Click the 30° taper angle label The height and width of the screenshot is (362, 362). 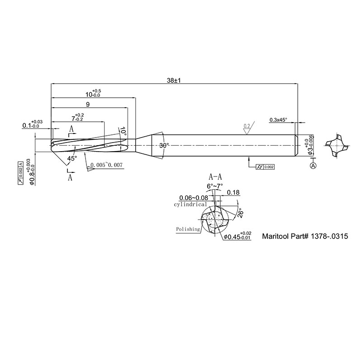pyautogui.click(x=163, y=146)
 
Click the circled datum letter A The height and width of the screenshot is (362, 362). pyautogui.click(x=313, y=167)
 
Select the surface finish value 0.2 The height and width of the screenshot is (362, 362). pyautogui.click(x=247, y=125)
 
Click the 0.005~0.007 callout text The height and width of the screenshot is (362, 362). pyautogui.click(x=106, y=166)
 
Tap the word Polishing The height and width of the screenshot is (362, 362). pyautogui.click(x=188, y=229)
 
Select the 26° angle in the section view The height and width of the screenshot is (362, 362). pyautogui.click(x=240, y=213)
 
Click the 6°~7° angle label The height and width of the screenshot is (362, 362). pyautogui.click(x=215, y=186)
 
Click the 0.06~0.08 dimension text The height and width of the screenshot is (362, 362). pyautogui.click(x=194, y=198)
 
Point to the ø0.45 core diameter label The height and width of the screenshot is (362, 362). pyautogui.click(x=236, y=236)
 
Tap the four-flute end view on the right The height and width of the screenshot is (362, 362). pyautogui.click(x=337, y=145)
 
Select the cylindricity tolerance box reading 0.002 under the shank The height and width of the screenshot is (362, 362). pyautogui.click(x=265, y=167)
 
